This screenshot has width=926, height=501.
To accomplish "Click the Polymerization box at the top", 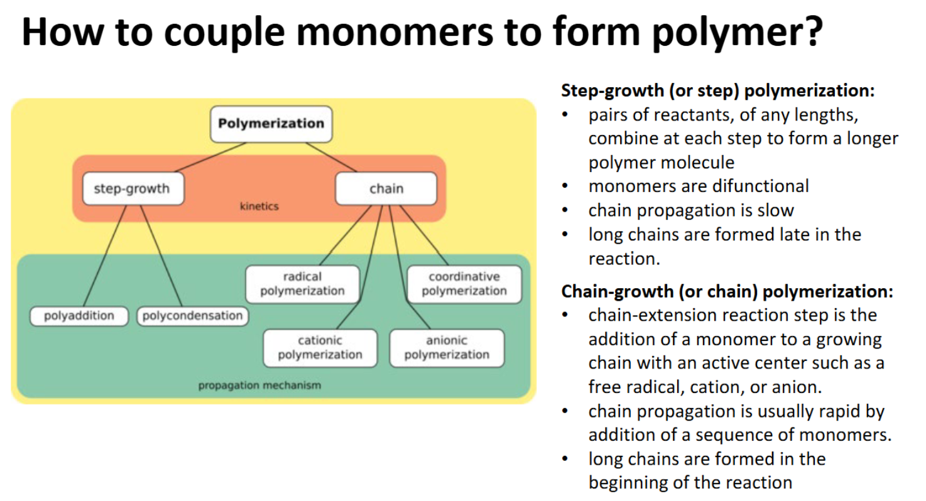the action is pos(271,124).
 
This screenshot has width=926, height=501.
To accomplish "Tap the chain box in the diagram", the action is pos(386,188).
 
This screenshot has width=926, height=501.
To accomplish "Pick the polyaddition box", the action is pos(79,316).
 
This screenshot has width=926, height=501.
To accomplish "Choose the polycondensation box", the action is pos(193,316).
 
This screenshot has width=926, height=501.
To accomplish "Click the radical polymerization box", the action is pos(302,284).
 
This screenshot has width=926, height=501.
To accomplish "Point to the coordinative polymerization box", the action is pos(464,284).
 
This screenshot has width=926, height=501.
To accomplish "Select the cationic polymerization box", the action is pos(320,348).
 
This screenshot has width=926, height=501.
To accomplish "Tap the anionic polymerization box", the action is pos(447,348).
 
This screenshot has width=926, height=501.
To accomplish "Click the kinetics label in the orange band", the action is pos(259,206).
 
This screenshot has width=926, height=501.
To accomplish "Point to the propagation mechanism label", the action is pos(259,385).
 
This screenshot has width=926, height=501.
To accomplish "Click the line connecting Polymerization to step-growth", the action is pos(210,158).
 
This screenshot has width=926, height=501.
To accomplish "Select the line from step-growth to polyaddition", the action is pos(105,256).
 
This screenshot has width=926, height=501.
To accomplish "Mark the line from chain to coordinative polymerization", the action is pos(424,235).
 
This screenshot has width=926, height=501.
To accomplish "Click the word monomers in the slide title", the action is pos(395,32).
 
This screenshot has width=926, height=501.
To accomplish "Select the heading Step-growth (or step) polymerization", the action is pos(718,91).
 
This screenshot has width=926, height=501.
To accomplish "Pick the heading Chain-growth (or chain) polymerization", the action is pos(727,291).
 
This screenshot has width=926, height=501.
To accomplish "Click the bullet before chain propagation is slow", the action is pos(565,211).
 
